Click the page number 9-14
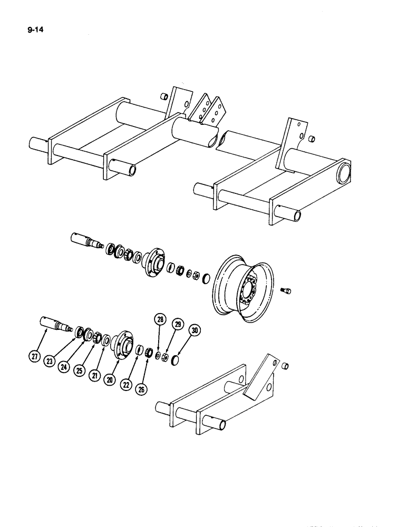35,30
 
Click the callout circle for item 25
79,371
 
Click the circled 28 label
160,319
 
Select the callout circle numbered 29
178,325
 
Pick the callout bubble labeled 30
195,331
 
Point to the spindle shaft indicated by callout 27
55,324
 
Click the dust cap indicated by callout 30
176,360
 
